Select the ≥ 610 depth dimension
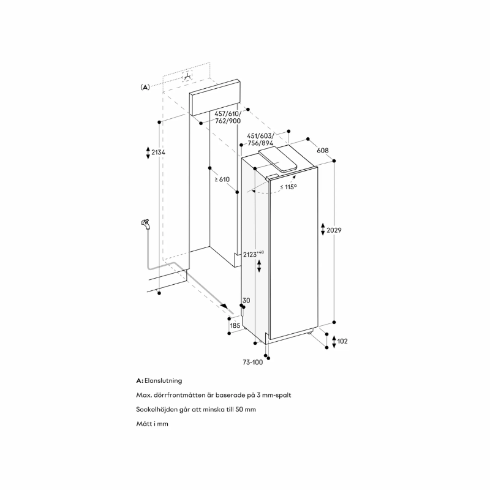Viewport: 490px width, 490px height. (x=221, y=179)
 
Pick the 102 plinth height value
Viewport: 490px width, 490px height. (x=342, y=341)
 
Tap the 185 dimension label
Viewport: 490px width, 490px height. (x=235, y=326)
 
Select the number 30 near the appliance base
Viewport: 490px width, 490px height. (x=246, y=300)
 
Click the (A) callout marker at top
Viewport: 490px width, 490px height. (x=145, y=87)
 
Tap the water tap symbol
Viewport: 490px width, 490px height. (x=145, y=224)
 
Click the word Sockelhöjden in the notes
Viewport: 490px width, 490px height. (x=158, y=409)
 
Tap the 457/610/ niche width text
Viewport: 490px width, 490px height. (x=227, y=113)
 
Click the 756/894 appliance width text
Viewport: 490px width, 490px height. (x=259, y=143)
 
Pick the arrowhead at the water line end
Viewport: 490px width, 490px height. (x=228, y=307)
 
